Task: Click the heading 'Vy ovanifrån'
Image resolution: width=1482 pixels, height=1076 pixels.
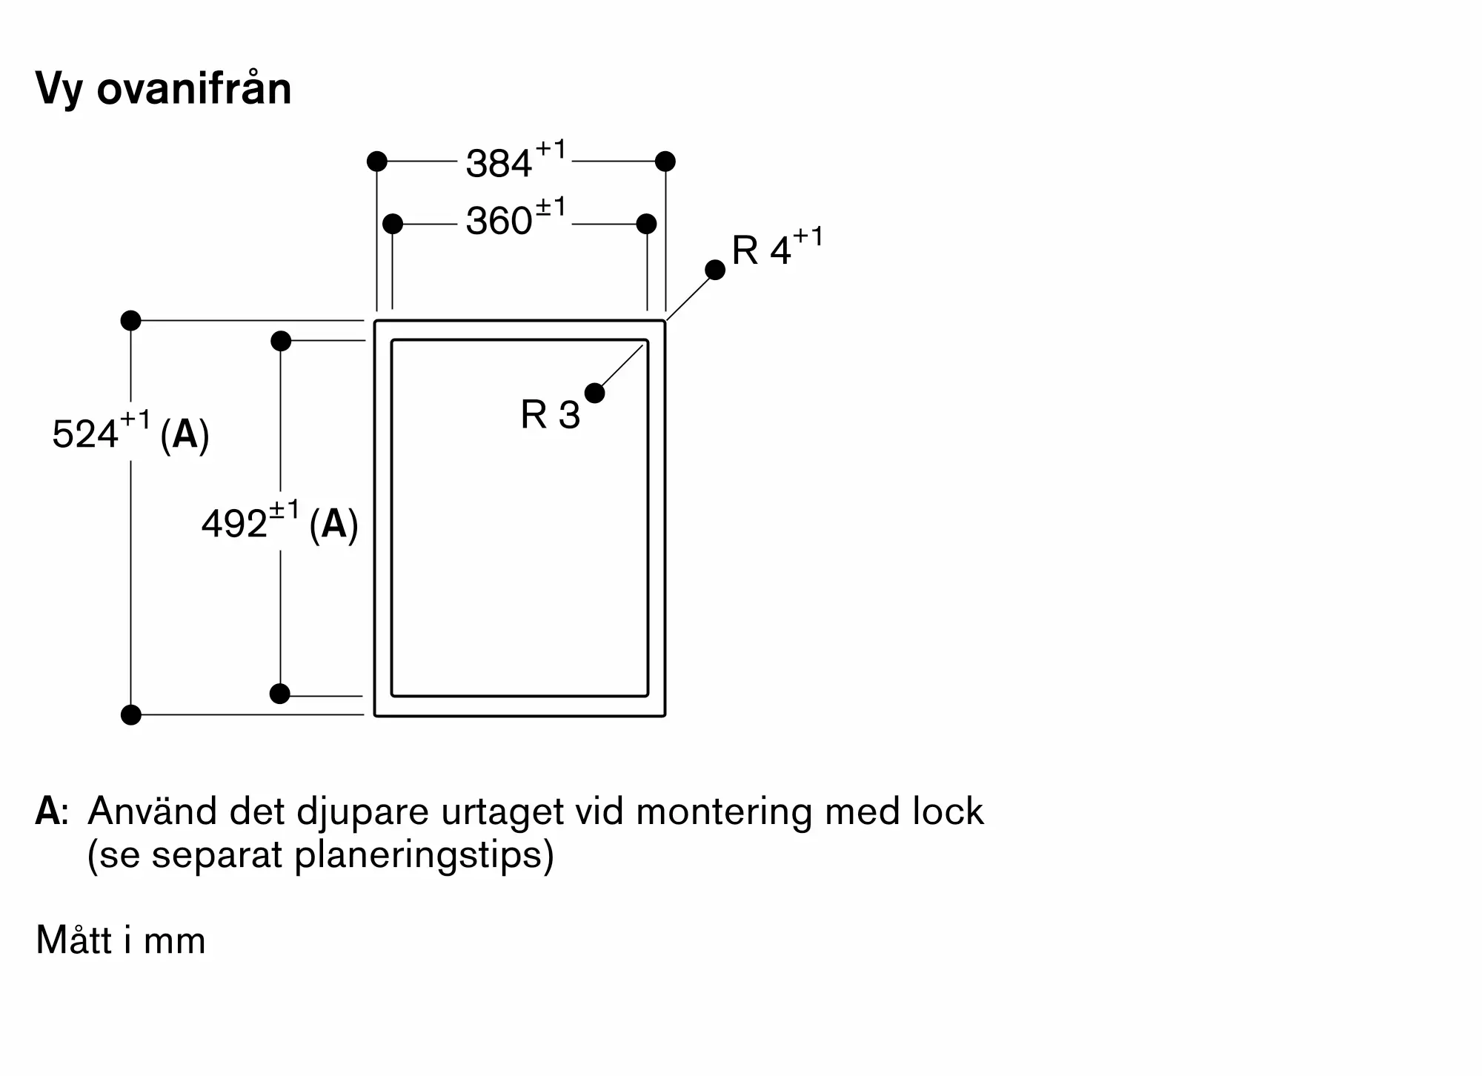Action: [164, 90]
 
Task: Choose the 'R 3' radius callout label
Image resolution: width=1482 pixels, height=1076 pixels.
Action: [550, 414]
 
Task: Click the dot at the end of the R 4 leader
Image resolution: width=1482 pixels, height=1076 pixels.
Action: [715, 270]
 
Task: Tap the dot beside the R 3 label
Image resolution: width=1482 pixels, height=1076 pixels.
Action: [594, 393]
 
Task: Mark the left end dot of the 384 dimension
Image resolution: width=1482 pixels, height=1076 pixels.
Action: [377, 161]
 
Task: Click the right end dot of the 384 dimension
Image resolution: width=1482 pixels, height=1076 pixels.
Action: [665, 161]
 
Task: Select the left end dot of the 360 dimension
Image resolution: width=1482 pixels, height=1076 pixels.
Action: [393, 223]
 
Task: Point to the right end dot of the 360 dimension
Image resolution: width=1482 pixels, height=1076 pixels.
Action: [646, 223]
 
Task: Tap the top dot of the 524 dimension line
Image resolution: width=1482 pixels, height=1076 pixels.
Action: [130, 321]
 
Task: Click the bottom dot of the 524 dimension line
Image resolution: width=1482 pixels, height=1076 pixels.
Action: [130, 715]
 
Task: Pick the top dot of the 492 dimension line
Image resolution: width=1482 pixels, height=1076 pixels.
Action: [281, 341]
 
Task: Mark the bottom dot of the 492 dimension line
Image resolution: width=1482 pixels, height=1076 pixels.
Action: [280, 694]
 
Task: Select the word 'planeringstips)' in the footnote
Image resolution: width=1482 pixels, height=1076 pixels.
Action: [424, 855]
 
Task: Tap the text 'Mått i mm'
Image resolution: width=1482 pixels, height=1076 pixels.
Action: [121, 940]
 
